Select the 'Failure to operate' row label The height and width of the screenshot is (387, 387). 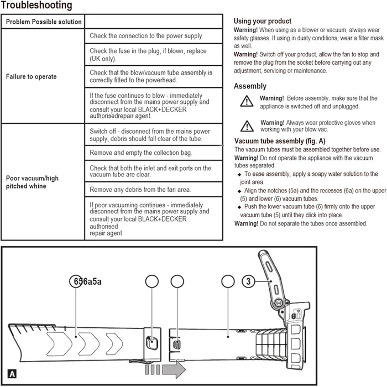tap(31, 77)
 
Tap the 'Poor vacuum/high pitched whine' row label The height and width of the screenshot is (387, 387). tap(32, 182)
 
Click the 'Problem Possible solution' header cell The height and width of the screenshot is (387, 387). tap(44, 22)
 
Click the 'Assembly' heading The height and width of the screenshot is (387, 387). tap(250, 86)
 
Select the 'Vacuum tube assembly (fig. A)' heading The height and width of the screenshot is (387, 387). tap(280, 141)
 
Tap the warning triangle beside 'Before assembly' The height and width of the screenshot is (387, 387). tap(245, 101)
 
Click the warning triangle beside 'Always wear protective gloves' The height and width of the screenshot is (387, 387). tap(245, 124)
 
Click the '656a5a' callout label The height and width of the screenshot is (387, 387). tap(88, 281)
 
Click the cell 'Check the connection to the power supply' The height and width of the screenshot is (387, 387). tap(146, 36)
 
